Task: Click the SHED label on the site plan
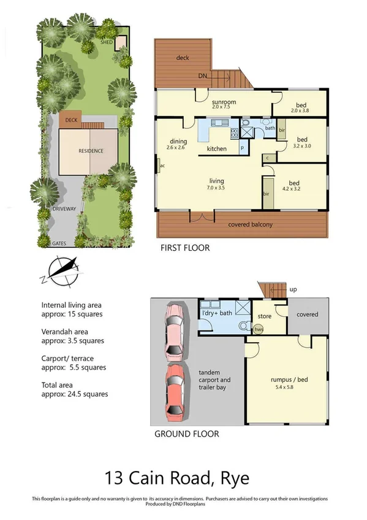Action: tap(107, 42)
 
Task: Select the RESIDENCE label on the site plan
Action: tap(91, 151)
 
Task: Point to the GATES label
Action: tap(59, 243)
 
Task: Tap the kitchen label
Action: tap(217, 149)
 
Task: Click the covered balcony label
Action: tap(250, 224)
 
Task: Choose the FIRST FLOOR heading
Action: tap(185, 248)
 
